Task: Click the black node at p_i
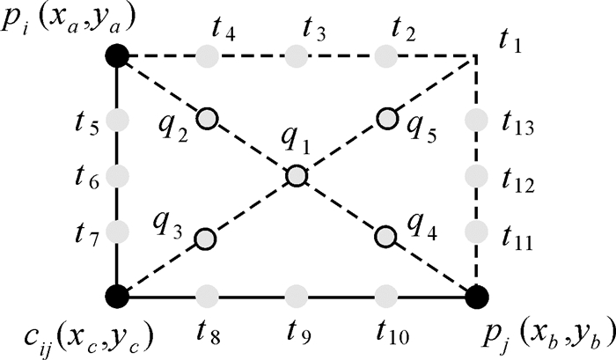[x=117, y=57]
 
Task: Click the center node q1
[x=297, y=176]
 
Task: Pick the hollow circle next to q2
[x=206, y=117]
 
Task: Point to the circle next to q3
[x=205, y=238]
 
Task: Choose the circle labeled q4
[x=385, y=237]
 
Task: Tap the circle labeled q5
[x=385, y=117]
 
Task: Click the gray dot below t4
[x=207, y=57]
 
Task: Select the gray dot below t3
[x=297, y=57]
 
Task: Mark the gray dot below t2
[x=385, y=57]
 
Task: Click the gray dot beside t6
[x=117, y=174]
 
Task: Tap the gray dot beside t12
[x=476, y=174]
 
